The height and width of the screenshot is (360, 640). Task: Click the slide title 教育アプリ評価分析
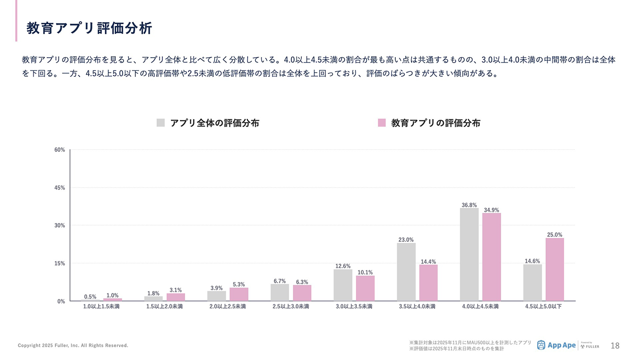pyautogui.click(x=89, y=28)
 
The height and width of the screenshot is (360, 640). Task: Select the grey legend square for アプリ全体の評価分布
pyautogui.click(x=160, y=123)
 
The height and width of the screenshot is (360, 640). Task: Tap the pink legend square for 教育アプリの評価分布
pyautogui.click(x=382, y=123)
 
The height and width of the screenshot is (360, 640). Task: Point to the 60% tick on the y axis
pyautogui.click(x=59, y=150)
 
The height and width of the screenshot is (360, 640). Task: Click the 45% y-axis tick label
pyautogui.click(x=59, y=188)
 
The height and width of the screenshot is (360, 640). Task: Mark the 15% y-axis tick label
pyautogui.click(x=59, y=263)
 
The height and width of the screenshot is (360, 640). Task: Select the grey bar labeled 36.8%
pyautogui.click(x=469, y=254)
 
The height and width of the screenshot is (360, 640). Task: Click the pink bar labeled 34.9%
pyautogui.click(x=491, y=257)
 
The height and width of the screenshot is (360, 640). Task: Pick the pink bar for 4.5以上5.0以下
pyautogui.click(x=554, y=269)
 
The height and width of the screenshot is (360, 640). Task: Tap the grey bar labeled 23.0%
pyautogui.click(x=406, y=272)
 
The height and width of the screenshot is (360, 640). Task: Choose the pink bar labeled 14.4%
pyautogui.click(x=428, y=283)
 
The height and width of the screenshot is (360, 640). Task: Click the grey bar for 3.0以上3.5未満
pyautogui.click(x=343, y=285)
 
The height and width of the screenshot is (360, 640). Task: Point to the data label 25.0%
pyautogui.click(x=554, y=235)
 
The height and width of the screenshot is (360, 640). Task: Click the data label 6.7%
pyautogui.click(x=280, y=281)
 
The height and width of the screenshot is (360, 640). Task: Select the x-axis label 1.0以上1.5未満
pyautogui.click(x=101, y=306)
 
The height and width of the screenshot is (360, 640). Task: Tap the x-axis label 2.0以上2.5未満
pyautogui.click(x=227, y=306)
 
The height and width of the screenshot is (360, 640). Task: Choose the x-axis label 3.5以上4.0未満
pyautogui.click(x=417, y=306)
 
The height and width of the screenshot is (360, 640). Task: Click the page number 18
pyautogui.click(x=615, y=346)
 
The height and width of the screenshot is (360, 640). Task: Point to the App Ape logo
pyautogui.click(x=556, y=345)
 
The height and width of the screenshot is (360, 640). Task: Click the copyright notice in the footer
pyautogui.click(x=73, y=346)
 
